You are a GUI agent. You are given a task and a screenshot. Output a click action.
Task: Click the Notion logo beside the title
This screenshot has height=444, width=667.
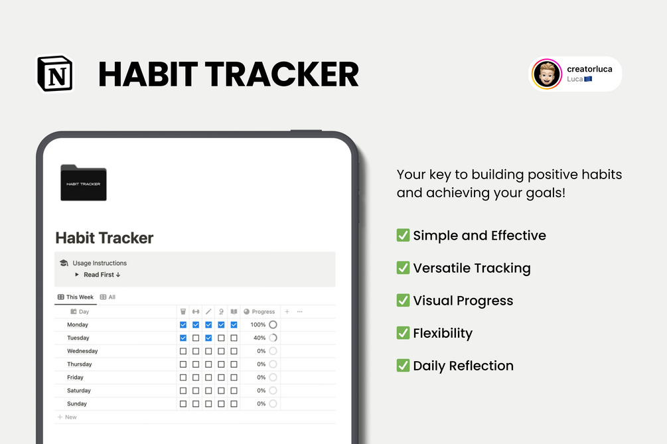(55, 74)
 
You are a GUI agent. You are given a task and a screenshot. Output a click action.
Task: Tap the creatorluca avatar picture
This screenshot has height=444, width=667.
(548, 74)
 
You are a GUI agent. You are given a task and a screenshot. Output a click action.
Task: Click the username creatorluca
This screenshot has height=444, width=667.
(589, 69)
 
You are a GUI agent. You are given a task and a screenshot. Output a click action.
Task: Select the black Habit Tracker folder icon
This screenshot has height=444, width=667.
(83, 183)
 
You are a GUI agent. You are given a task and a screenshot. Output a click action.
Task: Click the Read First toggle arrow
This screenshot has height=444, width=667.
(77, 275)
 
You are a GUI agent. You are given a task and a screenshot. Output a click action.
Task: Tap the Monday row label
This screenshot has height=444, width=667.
(78, 325)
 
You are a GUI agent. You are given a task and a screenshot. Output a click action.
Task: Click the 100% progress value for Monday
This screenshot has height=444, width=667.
(258, 325)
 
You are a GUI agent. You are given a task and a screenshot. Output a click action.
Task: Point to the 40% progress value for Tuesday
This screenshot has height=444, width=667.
(259, 338)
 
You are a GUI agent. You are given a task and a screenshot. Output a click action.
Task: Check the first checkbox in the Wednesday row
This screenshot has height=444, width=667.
(183, 351)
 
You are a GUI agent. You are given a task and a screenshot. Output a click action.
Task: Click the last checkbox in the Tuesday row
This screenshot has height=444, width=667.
(234, 338)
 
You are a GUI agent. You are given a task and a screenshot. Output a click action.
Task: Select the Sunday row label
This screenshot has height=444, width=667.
(77, 404)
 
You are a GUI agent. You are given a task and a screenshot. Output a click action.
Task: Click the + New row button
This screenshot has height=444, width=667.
(67, 417)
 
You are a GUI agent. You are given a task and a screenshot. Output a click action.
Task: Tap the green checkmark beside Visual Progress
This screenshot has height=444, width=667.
(403, 300)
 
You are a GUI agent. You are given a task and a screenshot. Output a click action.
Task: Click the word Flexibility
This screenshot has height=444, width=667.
(443, 333)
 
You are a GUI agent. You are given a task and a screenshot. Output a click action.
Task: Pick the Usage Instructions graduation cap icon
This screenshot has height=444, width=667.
(64, 263)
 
